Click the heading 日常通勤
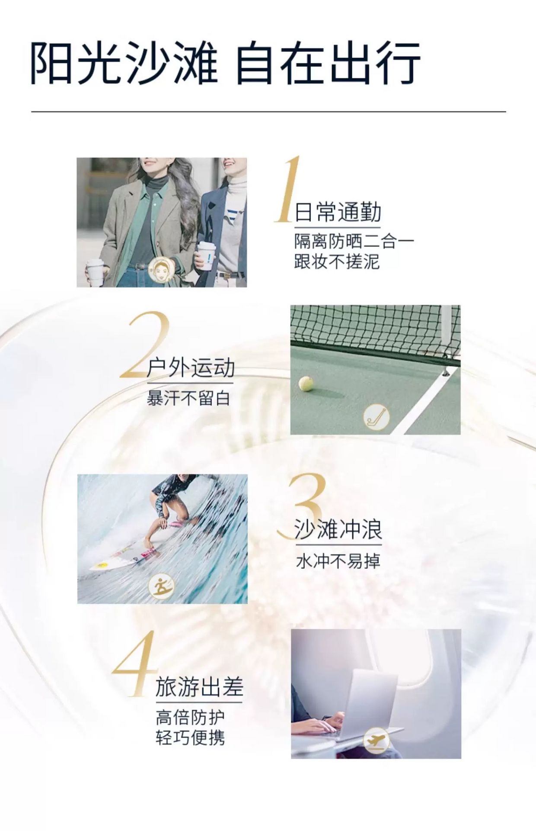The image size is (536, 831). click(x=338, y=212)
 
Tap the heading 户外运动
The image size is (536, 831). click(x=190, y=368)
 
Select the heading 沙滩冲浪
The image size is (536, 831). click(x=338, y=529)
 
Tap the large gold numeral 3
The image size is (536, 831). click(x=303, y=506)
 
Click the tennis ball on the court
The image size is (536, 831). click(x=306, y=383)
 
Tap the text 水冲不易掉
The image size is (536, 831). click(x=338, y=561)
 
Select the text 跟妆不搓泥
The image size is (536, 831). click(x=337, y=261)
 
